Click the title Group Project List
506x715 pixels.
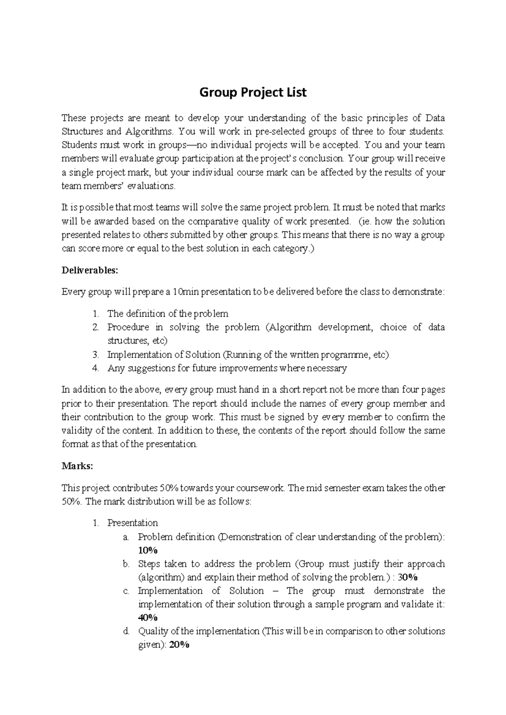[253, 92]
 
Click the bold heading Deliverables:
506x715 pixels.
[89, 270]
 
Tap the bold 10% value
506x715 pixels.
[148, 550]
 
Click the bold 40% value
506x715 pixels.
[148, 618]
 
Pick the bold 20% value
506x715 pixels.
[179, 645]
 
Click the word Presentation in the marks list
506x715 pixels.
[132, 523]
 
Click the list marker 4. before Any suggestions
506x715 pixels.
[95, 368]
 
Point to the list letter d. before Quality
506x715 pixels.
[126, 631]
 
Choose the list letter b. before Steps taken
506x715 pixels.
[126, 564]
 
